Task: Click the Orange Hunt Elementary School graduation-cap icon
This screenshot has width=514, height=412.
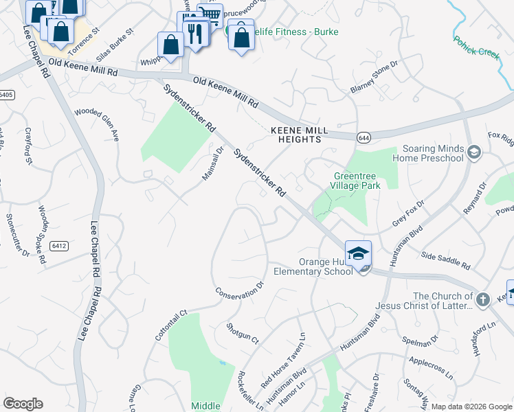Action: click(358, 253)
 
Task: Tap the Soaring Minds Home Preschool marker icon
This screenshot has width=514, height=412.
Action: click(473, 152)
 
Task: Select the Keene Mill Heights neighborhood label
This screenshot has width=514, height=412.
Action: click(295, 134)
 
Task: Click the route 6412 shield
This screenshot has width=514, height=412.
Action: click(58, 245)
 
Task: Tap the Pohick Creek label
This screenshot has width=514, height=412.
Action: click(475, 49)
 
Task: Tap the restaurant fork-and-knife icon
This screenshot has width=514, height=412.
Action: click(197, 32)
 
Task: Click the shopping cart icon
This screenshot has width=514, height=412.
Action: click(210, 14)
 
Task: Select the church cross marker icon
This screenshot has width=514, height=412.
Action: click(483, 299)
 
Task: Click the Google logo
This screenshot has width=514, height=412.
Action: click(23, 404)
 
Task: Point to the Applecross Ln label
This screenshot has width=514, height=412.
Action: click(431, 368)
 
